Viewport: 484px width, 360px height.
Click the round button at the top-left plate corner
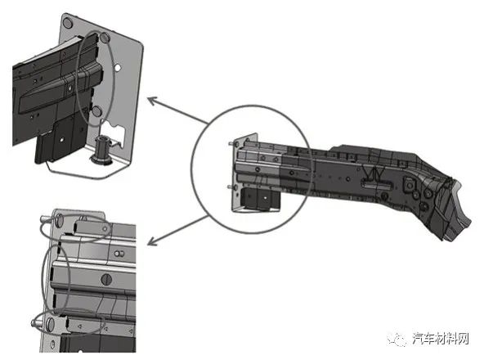point(67,23)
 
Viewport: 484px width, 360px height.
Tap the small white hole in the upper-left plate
point(117,67)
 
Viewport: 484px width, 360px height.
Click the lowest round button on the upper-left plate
point(97,111)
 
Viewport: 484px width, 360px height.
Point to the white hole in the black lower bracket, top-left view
point(62,140)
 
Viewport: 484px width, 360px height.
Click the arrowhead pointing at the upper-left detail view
point(152,101)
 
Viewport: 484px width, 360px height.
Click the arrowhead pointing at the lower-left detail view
point(152,241)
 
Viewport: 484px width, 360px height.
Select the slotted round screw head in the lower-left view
point(106,280)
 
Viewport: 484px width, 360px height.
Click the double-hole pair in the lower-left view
point(119,254)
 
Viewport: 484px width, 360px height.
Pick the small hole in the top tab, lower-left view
point(105,229)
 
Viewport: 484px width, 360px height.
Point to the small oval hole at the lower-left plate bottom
point(53,344)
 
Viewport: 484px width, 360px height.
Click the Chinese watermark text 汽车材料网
point(441,339)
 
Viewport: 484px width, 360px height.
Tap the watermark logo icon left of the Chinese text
point(397,340)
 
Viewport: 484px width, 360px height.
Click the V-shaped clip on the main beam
point(374,174)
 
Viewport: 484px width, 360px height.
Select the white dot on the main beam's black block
point(265,196)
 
